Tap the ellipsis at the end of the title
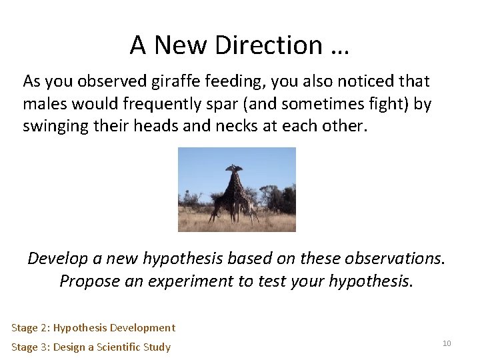(x=339, y=45)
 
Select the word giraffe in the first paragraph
(x=160, y=82)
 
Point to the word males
(x=42, y=105)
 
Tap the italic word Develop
(x=56, y=258)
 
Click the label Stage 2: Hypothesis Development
(x=93, y=327)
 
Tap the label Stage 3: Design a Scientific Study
(x=91, y=347)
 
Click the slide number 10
(x=447, y=343)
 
